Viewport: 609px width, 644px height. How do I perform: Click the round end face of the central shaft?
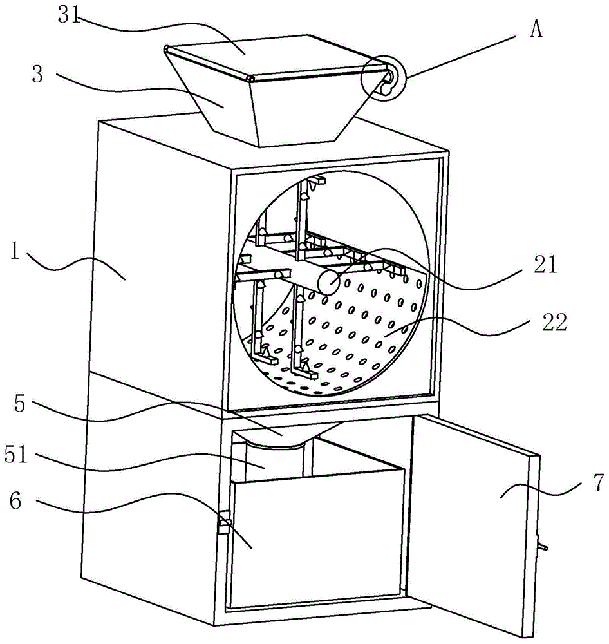[328, 282]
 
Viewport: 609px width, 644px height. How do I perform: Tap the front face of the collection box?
[315, 541]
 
